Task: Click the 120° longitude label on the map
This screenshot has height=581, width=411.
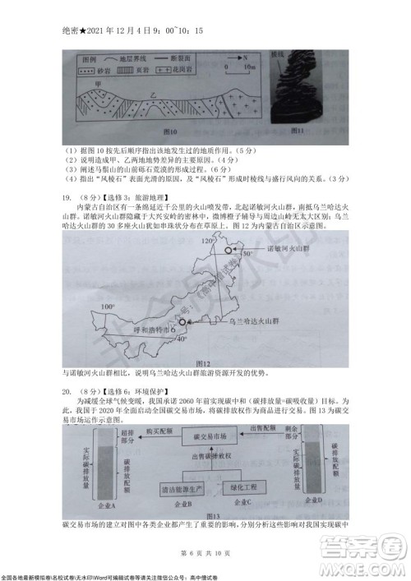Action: coord(207,218)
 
